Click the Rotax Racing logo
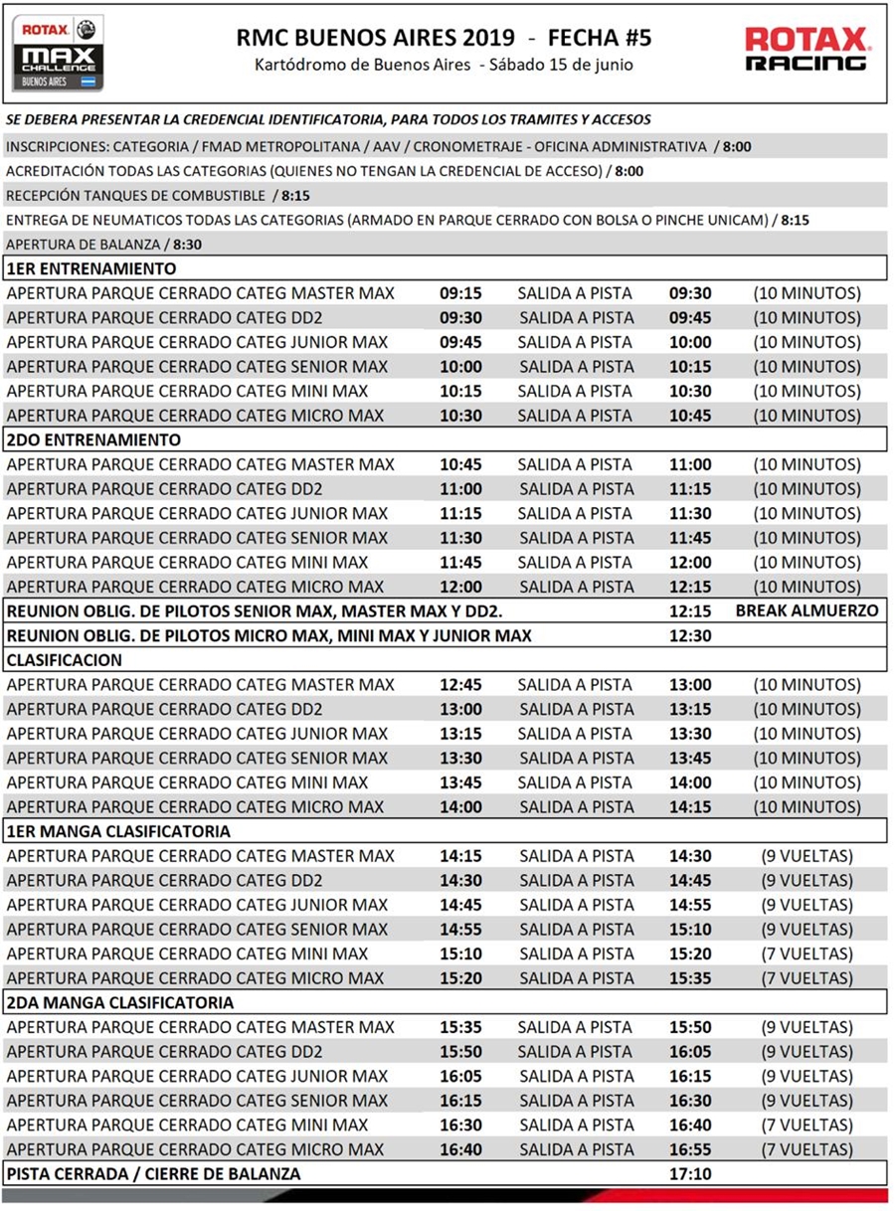tap(806, 49)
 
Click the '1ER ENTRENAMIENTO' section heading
tap(91, 268)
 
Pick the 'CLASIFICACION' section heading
tap(65, 659)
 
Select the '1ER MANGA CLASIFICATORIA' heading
tap(118, 831)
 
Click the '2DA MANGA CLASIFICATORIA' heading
tap(120, 1002)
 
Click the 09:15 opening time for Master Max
tap(461, 293)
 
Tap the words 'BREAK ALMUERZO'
tap(806, 610)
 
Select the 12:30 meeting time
tap(690, 635)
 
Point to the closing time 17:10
tap(690, 1174)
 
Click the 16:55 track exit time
tap(690, 1149)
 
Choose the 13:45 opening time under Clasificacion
tap(461, 782)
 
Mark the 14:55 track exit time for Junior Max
tap(690, 905)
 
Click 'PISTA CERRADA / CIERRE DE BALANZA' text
tap(153, 1174)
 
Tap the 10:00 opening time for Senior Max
tap(461, 367)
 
